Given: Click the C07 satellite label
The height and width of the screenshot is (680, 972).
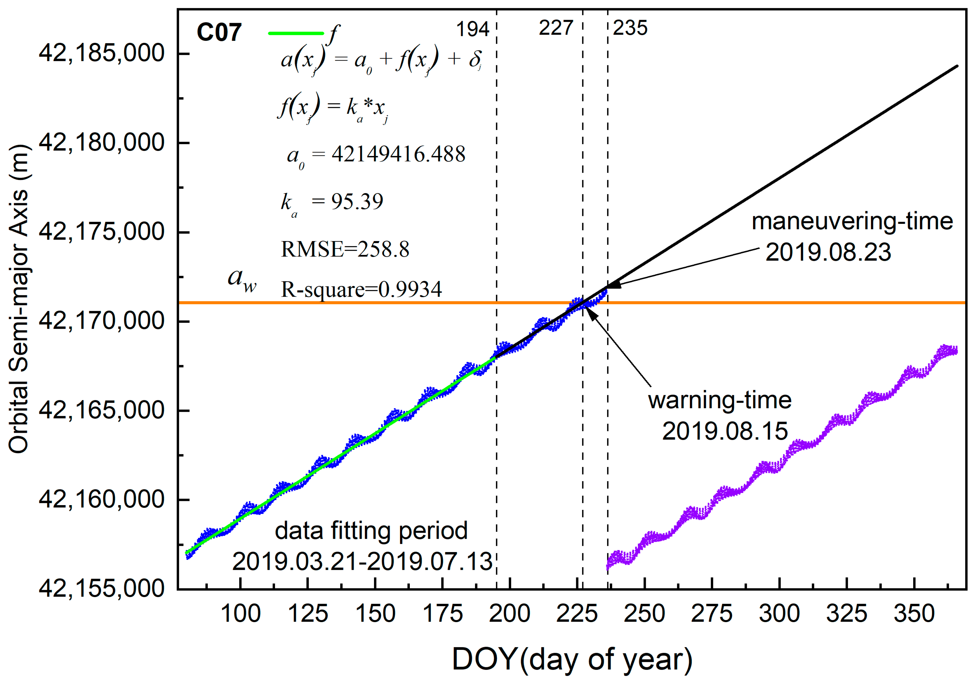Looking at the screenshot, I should tap(219, 32).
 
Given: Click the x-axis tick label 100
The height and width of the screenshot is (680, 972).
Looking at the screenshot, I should tap(240, 614).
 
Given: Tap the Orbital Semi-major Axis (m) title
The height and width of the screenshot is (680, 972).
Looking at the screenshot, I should tap(19, 299).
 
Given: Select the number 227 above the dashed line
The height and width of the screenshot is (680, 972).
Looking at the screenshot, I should tap(555, 28).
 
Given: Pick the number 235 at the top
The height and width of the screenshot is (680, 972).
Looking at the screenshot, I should tap(630, 28).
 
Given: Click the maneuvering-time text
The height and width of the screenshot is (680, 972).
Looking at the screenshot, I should tap(852, 221).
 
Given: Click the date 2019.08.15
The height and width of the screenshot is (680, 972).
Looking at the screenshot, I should tap(725, 431).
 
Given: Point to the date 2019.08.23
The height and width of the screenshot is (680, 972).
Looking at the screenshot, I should tap(828, 252).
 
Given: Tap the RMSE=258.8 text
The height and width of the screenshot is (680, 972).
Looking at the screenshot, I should tap(345, 249).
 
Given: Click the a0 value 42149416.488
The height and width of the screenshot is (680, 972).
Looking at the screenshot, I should tap(398, 154).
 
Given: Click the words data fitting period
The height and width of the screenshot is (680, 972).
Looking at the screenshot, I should tap(371, 531).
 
